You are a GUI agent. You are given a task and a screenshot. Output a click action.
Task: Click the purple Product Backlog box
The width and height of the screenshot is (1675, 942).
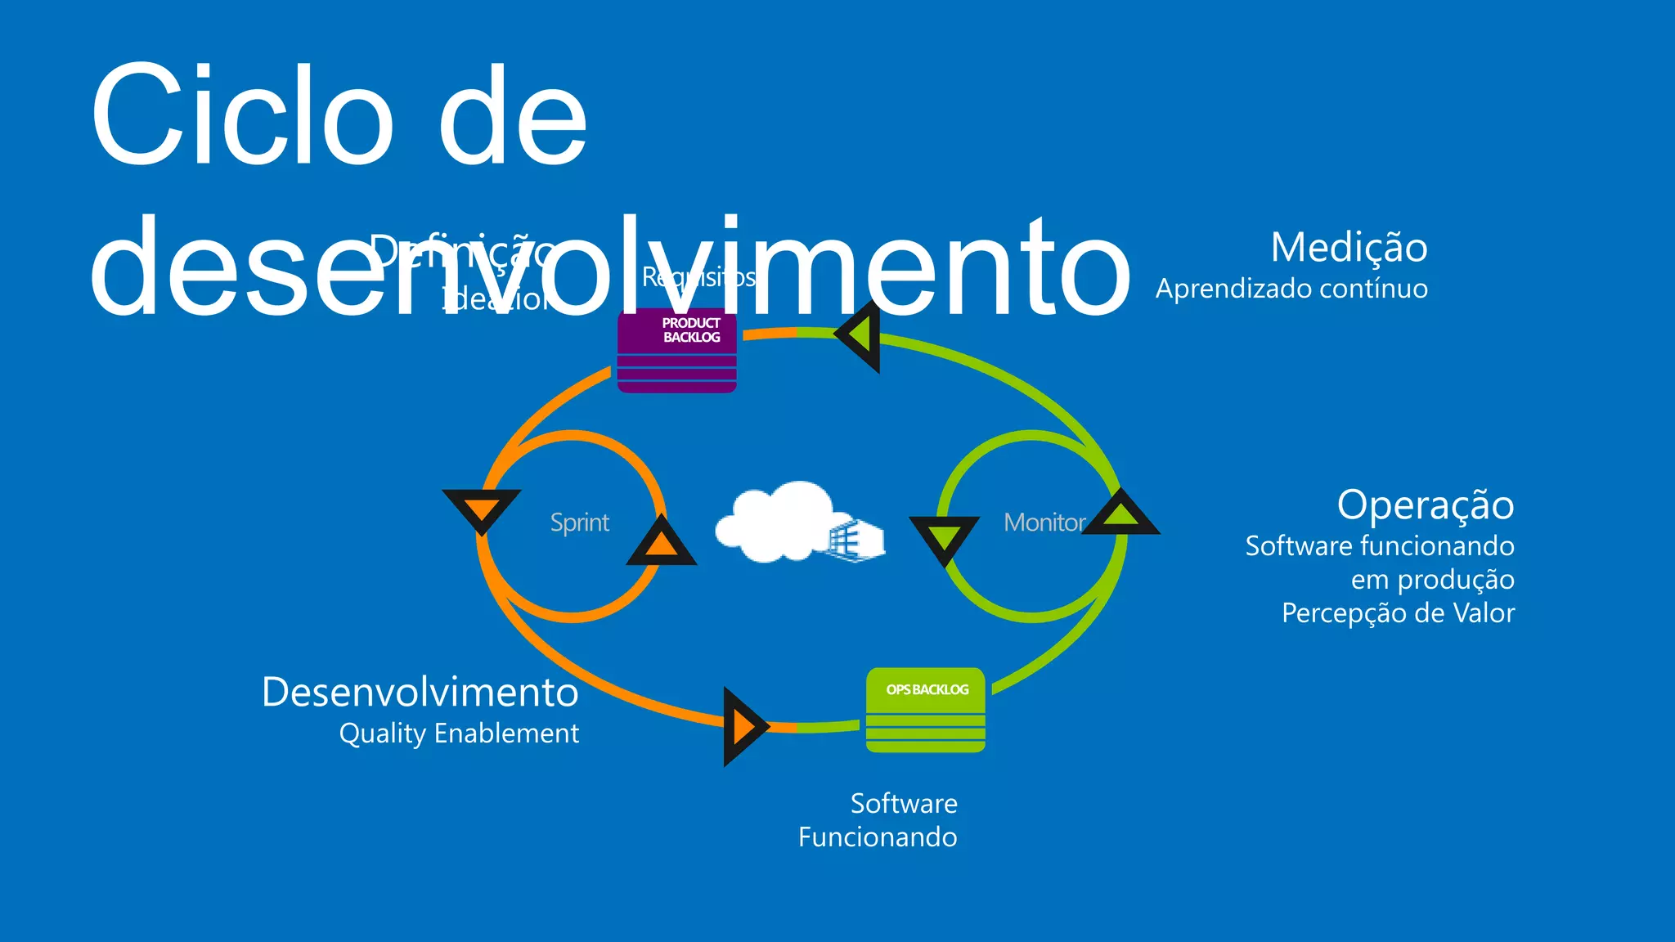point(677,350)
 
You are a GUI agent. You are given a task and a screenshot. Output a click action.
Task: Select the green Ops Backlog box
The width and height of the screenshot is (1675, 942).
point(926,710)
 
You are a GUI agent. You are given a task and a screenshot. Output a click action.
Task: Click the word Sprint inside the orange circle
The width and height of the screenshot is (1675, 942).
point(579,523)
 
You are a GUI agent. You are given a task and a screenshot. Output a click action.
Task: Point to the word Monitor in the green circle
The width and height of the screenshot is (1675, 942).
point(1044,523)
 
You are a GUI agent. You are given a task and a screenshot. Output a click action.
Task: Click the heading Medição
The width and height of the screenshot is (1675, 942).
point(1349,247)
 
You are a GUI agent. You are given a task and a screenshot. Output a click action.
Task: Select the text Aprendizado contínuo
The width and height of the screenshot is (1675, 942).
point(1291,289)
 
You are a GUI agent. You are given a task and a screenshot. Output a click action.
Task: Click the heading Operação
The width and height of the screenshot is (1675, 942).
point(1425,505)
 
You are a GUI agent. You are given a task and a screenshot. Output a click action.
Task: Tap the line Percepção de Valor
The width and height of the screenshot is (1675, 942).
point(1398,613)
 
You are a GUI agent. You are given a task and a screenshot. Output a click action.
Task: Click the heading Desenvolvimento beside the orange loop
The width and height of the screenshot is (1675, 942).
point(420,692)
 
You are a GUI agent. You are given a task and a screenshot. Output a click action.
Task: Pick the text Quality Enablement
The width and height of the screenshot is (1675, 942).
point(459,733)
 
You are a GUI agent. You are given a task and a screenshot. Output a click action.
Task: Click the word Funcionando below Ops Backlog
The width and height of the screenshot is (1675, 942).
point(878,837)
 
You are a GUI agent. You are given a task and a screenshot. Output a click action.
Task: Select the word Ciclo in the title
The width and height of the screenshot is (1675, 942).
point(243,114)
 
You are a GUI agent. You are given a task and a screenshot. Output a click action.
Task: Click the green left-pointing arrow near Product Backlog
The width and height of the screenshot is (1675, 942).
point(860,335)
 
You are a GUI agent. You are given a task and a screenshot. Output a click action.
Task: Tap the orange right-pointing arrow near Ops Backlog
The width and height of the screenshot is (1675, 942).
point(743,726)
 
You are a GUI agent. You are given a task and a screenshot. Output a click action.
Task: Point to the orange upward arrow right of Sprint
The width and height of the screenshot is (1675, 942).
point(661,543)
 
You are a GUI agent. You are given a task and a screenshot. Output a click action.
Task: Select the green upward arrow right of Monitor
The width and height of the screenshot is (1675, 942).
point(1121,514)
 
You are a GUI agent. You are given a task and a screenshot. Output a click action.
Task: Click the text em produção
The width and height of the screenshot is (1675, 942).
point(1432,580)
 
